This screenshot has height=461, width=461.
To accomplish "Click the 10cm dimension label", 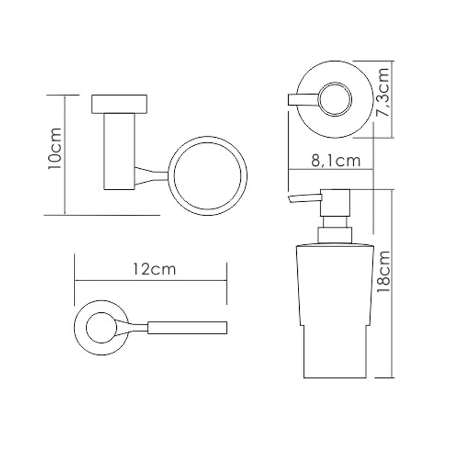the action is [55, 149].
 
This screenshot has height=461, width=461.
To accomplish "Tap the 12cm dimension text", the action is [154, 269].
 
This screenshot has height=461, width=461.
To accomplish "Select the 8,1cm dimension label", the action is [336, 161].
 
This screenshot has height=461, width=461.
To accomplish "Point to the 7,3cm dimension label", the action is [383, 92].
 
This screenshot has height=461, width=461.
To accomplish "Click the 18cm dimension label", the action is [383, 271].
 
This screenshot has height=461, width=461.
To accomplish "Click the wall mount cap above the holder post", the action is [119, 104].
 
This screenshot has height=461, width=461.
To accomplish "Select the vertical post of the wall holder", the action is [119, 152].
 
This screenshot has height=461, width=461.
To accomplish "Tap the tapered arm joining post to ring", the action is [152, 176].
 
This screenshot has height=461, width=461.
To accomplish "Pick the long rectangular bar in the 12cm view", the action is [187, 328].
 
